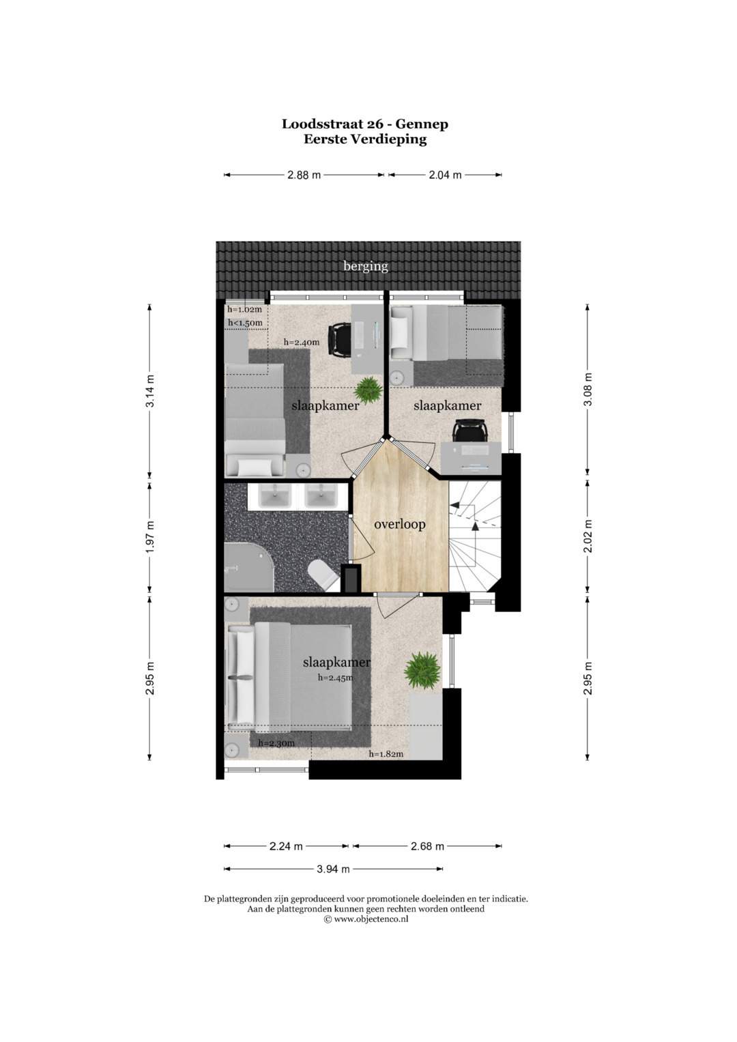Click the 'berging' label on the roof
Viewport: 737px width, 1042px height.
(365, 267)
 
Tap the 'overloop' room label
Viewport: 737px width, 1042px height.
(400, 524)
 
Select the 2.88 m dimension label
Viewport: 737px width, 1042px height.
(304, 175)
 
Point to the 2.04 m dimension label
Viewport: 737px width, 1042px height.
(445, 175)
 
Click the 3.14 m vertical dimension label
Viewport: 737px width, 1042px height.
(150, 390)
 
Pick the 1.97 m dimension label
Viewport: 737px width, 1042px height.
(150, 538)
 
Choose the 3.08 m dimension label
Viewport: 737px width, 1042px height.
(588, 389)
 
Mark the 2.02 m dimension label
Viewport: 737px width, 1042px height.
(588, 536)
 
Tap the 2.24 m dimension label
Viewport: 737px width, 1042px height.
(286, 846)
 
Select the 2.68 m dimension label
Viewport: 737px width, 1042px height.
(427, 846)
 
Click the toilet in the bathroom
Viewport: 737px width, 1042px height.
(323, 575)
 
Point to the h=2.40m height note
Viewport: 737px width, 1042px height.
(302, 343)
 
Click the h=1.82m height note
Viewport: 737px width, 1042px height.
(386, 754)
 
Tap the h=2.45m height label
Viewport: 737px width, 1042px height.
(336, 678)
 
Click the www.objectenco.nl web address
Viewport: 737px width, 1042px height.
(371, 918)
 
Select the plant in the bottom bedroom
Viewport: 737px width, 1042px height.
(422, 670)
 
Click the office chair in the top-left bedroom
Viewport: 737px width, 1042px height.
(339, 341)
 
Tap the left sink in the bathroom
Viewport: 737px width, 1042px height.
(275, 496)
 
